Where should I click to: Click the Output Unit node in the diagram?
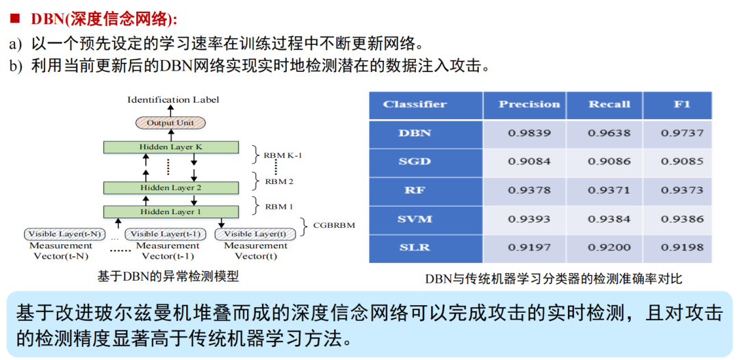pos(170,123)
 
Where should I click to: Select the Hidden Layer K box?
pos(171,147)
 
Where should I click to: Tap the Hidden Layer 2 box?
pos(171,188)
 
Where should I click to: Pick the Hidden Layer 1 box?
pos(171,211)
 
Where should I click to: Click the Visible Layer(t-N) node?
pos(64,234)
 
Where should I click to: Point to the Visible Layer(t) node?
pos(255,234)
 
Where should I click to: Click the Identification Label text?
pos(173,100)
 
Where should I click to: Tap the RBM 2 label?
pos(278,181)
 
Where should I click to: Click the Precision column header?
pos(529,105)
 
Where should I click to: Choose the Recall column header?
pos(608,105)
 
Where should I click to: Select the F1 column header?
pos(682,105)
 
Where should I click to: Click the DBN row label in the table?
pos(415,133)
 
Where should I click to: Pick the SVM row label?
pos(415,219)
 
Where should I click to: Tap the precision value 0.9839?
pos(529,133)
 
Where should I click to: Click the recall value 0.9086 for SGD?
pos(608,162)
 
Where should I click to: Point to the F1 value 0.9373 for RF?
pos(682,190)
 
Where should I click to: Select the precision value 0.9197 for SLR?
pos(529,247)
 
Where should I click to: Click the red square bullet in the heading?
pos(13,19)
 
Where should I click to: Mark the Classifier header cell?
pos(415,105)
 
